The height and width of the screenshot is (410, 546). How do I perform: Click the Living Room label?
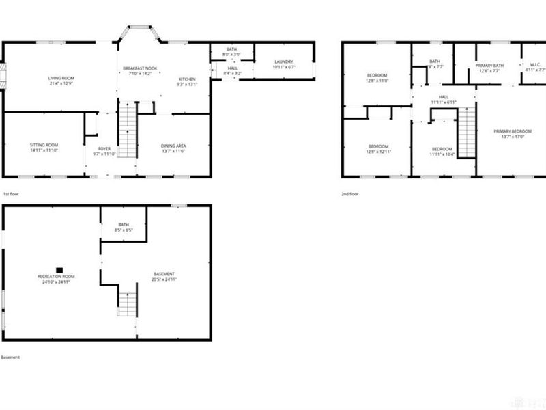[x=61, y=78]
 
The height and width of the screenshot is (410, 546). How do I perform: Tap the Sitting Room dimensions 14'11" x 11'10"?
[x=44, y=151]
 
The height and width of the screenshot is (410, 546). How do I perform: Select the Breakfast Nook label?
[x=140, y=69]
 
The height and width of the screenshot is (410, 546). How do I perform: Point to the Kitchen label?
[x=186, y=79]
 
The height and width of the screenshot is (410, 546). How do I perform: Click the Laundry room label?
[x=283, y=61]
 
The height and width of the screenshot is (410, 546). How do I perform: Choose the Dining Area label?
[x=173, y=146]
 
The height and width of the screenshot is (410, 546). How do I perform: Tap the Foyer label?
[x=104, y=148]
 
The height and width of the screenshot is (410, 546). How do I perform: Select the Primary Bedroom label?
[x=512, y=131]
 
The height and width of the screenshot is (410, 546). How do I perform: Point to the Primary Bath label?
[x=489, y=66]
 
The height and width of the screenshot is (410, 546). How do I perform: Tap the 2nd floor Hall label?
[x=444, y=97]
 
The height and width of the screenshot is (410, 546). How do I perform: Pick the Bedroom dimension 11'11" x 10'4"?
[x=442, y=154]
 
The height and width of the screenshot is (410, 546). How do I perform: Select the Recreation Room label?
[x=56, y=275]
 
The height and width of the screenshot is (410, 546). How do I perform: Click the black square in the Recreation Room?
[x=59, y=270]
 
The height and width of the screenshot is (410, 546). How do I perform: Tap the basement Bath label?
[x=124, y=225]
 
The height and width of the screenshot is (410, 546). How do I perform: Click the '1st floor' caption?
[x=10, y=194]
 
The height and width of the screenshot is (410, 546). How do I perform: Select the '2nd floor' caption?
[x=349, y=194]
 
